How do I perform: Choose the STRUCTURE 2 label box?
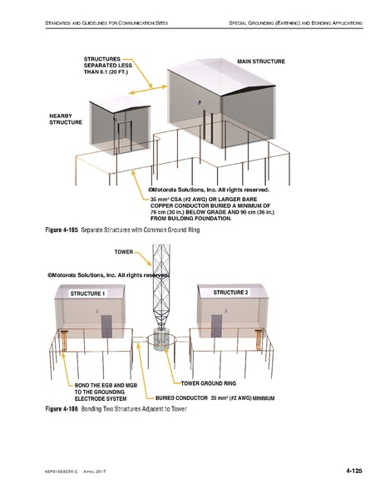pyautogui.click(x=230, y=293)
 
